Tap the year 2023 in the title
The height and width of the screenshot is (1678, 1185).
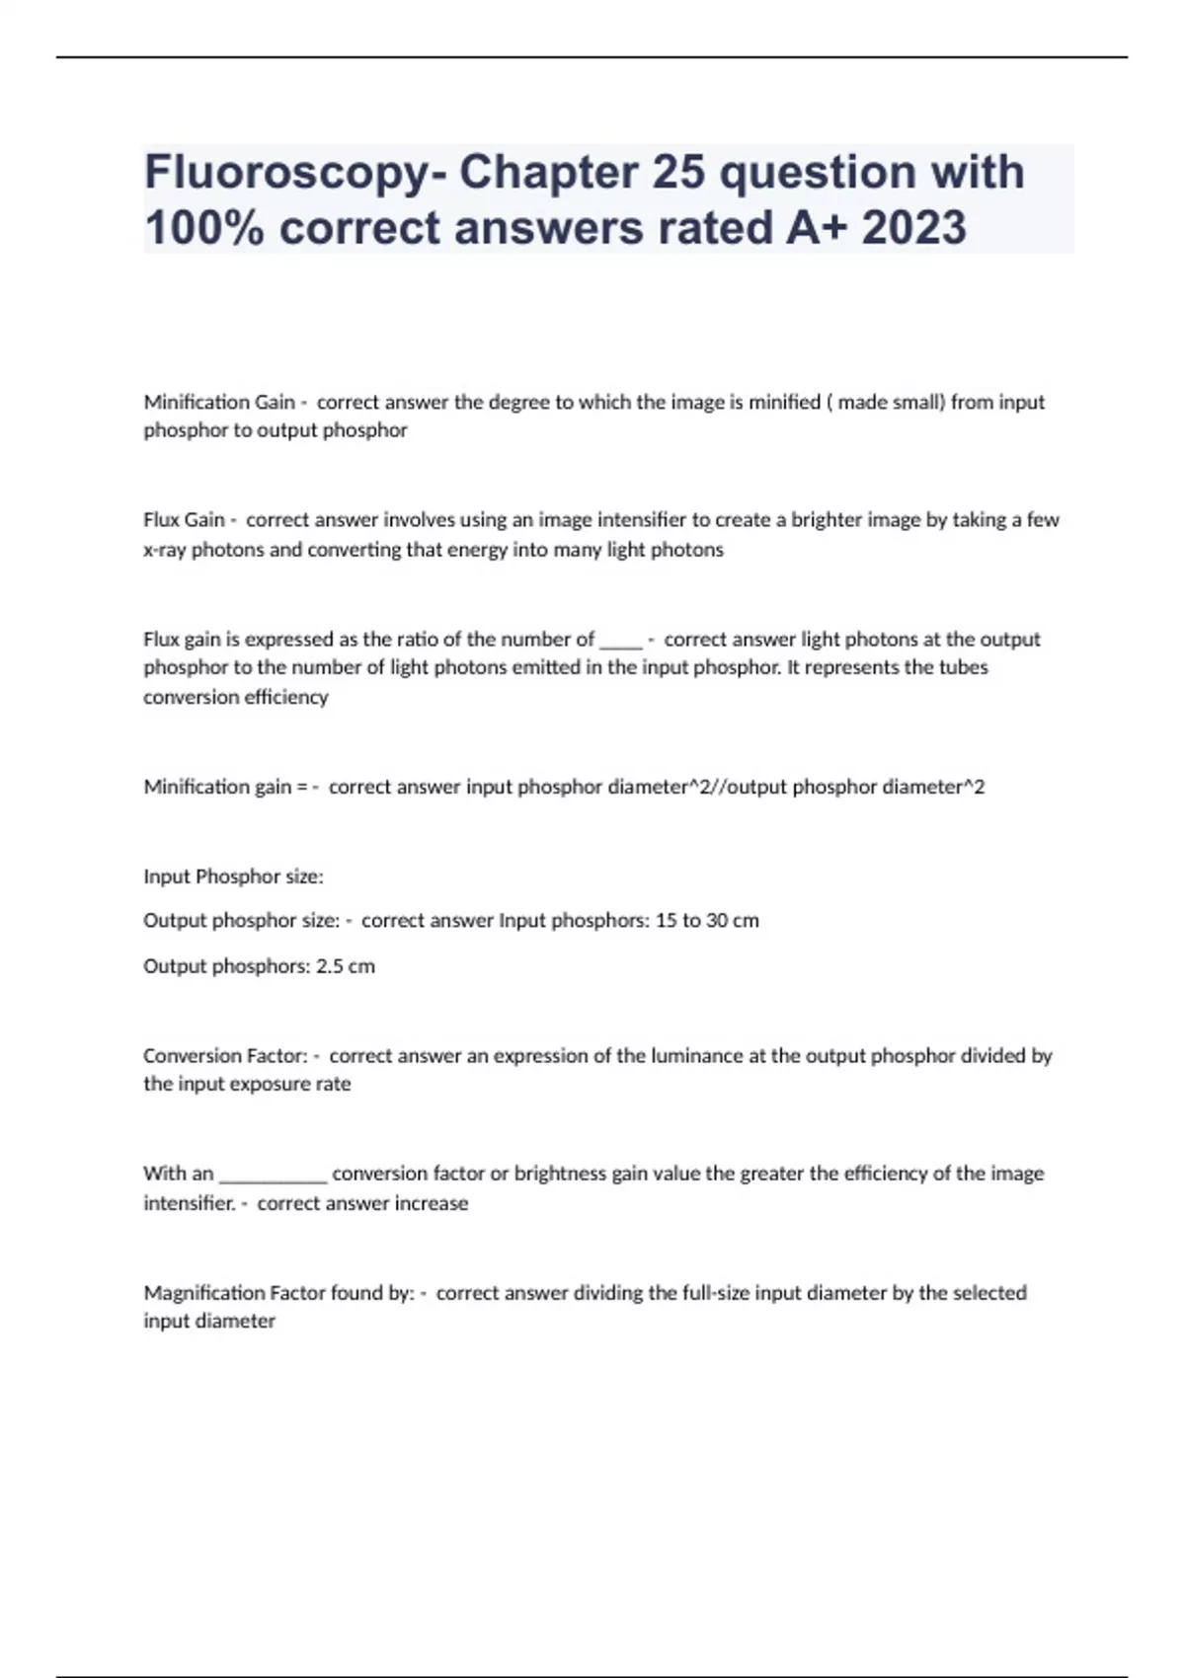914,228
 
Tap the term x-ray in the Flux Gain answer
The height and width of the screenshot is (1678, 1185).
165,550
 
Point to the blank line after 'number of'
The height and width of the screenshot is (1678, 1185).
621,641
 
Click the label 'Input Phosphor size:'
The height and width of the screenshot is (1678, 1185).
234,877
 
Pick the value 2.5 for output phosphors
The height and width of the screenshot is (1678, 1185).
329,966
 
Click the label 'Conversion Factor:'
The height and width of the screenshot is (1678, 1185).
226,1055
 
